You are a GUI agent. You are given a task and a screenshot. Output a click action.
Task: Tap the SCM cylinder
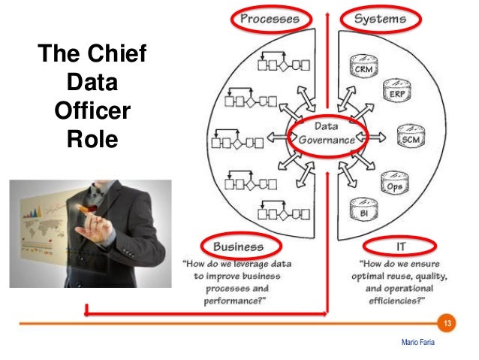click(x=410, y=139)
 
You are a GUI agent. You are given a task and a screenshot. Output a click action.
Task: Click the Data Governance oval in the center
click(x=327, y=134)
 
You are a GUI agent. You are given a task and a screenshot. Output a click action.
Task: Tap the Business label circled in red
click(x=238, y=246)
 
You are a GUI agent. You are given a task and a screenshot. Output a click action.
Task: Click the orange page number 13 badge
click(x=448, y=324)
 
